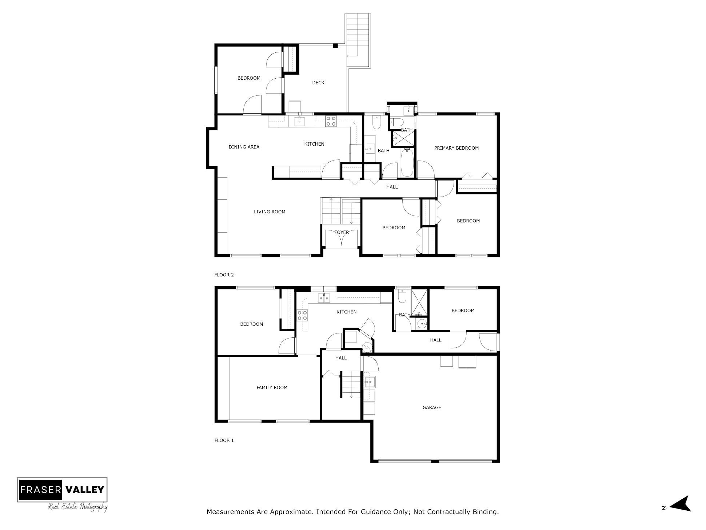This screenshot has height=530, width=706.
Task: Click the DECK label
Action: (x=318, y=83)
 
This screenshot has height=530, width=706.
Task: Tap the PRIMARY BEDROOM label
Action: (x=456, y=148)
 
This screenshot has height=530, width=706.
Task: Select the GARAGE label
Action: (x=432, y=407)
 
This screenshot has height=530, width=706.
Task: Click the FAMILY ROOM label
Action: (x=272, y=387)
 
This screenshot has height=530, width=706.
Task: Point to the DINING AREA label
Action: (x=244, y=147)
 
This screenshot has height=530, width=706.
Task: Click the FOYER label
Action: (x=341, y=232)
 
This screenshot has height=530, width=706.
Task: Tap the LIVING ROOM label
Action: (x=269, y=211)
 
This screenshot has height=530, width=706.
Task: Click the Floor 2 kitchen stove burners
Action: (x=331, y=121)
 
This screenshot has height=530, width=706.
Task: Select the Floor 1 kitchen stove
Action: (x=302, y=315)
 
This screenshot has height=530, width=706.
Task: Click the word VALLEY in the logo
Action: (x=85, y=490)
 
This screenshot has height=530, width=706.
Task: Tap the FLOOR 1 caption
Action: (x=224, y=440)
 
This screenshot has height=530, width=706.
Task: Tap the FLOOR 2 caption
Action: (x=224, y=275)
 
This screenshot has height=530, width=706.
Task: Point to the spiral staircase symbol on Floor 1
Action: (x=368, y=348)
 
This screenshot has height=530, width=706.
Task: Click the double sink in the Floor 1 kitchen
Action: (x=324, y=298)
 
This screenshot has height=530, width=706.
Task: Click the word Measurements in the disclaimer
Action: (x=231, y=512)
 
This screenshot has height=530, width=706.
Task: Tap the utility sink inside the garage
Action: (x=370, y=382)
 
